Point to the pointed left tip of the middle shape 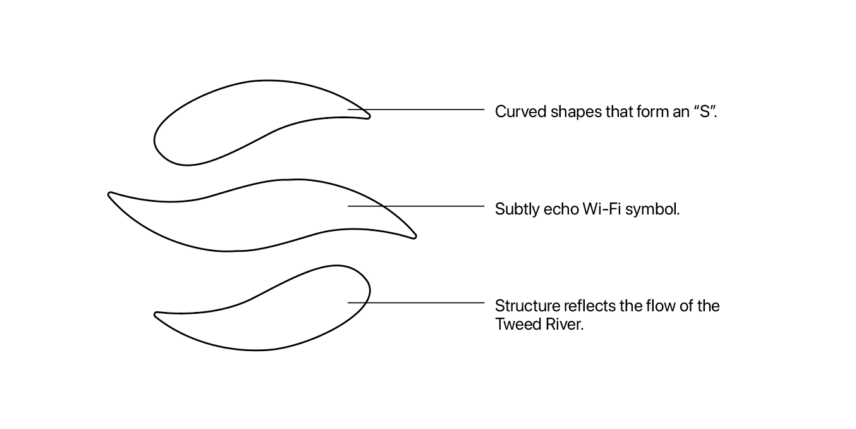111,194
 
